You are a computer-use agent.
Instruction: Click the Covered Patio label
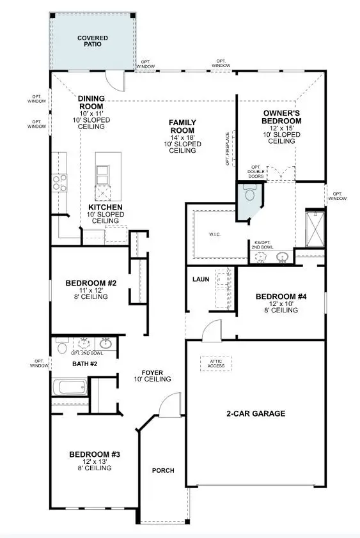(93, 42)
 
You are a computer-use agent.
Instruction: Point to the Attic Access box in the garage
(215, 363)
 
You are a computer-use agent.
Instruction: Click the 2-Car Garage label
(256, 413)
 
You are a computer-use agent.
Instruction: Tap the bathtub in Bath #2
(69, 387)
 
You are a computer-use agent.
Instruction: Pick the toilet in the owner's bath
(249, 192)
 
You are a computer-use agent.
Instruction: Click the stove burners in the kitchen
(59, 183)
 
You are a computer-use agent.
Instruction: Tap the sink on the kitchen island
(102, 172)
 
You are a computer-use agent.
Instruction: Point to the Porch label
(162, 471)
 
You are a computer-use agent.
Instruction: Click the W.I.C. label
(214, 234)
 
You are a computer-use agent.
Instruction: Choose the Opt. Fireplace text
(227, 149)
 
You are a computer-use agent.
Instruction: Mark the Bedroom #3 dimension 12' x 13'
(95, 461)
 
